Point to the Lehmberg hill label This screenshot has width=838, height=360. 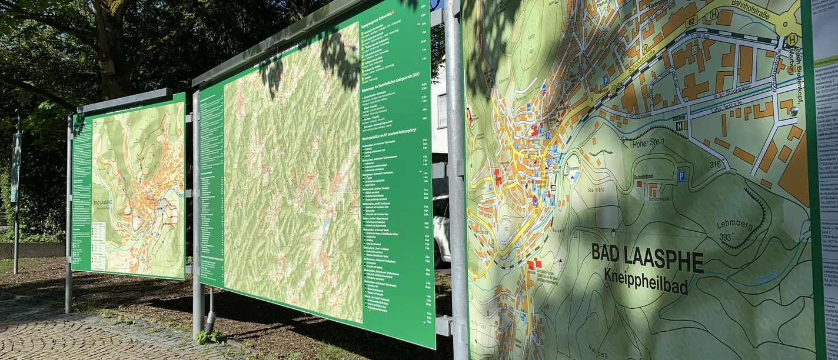pyautogui.click(x=733, y=224)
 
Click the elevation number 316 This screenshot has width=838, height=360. pyautogui.click(x=715, y=165)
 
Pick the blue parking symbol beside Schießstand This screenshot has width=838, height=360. pyautogui.click(x=681, y=175)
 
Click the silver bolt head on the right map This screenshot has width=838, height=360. pyautogui.click(x=794, y=111)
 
